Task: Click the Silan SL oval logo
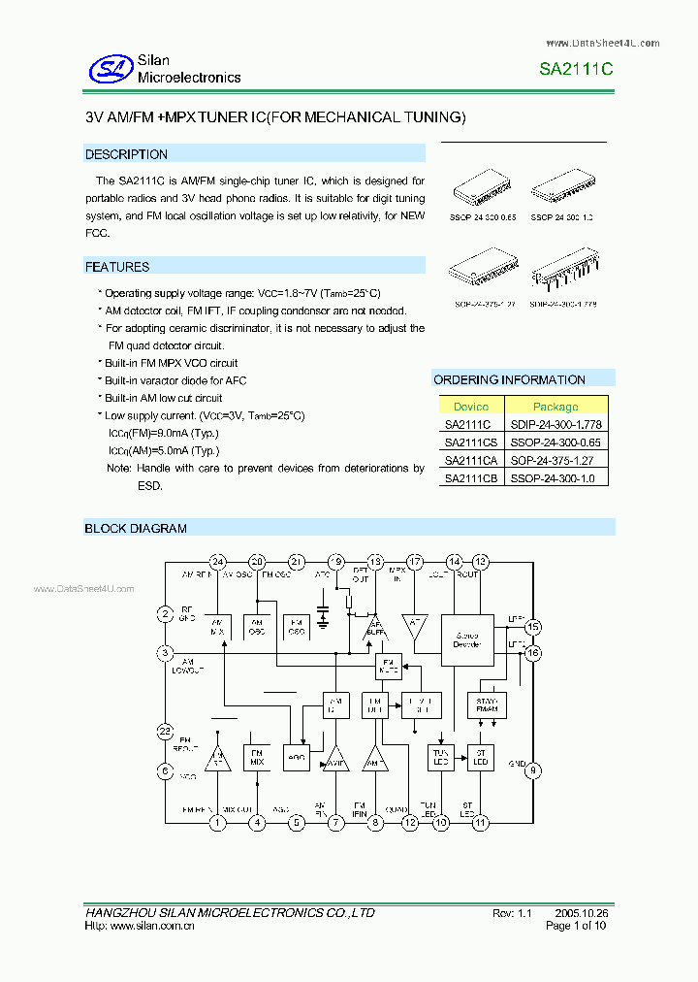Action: coord(111,68)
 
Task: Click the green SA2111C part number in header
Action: coord(576,70)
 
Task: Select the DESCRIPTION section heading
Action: coord(126,154)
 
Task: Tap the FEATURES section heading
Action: coord(117,267)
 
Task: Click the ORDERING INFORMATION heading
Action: coord(509,379)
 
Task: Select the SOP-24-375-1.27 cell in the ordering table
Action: coord(555,460)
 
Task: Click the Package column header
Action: coord(555,407)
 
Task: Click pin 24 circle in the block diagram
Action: coord(217,562)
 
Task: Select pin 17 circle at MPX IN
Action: coord(415,562)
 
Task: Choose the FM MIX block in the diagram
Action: coord(257,756)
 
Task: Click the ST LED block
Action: coord(480,757)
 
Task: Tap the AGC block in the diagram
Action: coord(295,758)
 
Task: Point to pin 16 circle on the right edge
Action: coord(533,653)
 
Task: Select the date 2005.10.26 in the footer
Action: coord(582,913)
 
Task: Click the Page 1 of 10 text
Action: coord(577,927)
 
